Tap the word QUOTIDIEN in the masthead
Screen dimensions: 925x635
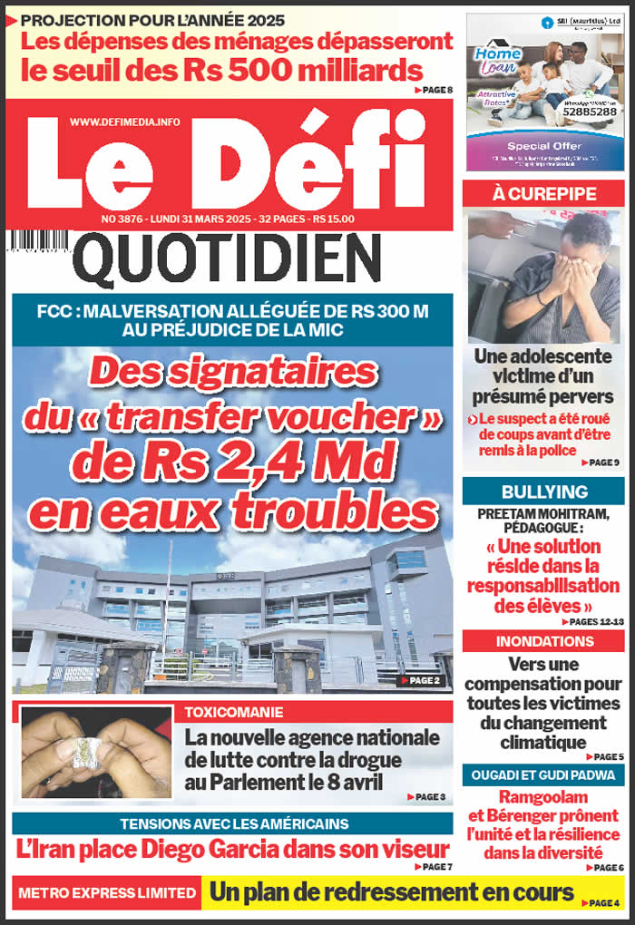[x=226, y=258]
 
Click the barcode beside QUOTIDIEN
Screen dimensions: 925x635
[x=37, y=242]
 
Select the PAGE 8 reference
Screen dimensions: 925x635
[x=434, y=90]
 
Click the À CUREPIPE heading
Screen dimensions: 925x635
[x=543, y=194]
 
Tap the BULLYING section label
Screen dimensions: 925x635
[x=544, y=492]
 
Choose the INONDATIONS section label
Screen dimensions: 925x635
[x=544, y=641]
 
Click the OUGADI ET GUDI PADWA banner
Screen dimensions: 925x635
[x=542, y=774]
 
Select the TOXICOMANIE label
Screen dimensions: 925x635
[x=234, y=712]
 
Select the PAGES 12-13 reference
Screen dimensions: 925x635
[x=594, y=622]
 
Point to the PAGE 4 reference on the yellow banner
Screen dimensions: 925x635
[x=603, y=903]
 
